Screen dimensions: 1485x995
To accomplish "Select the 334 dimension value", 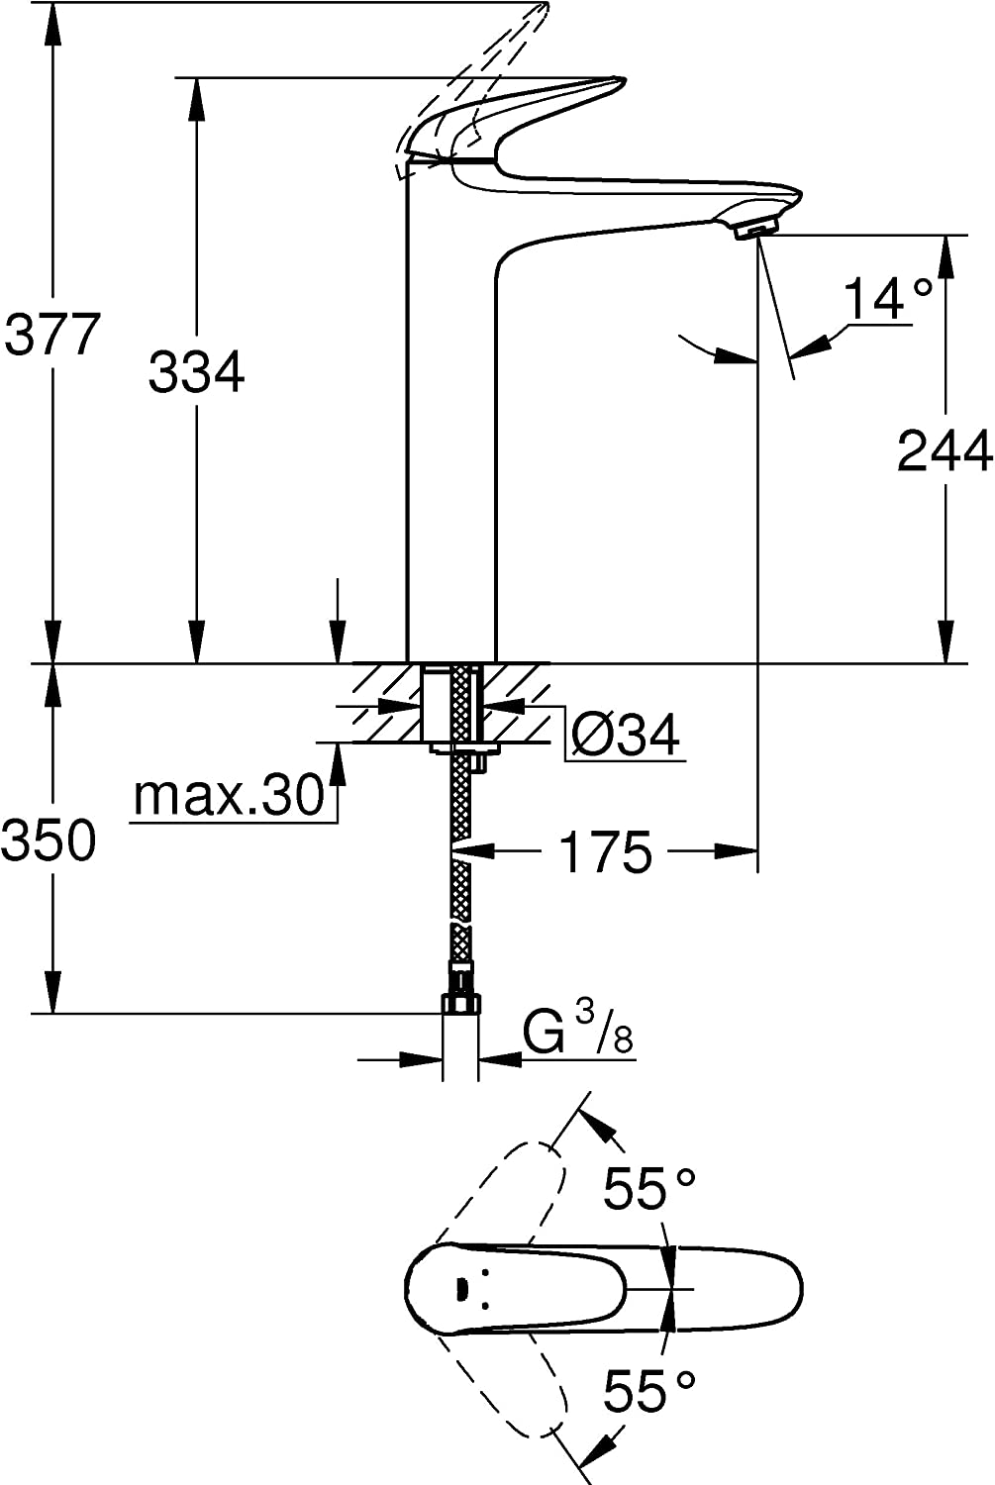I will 196,373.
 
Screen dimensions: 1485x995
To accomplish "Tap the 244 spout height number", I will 944,451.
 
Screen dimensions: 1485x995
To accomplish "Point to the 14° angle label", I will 887,298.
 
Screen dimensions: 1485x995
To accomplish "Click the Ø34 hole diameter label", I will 626,735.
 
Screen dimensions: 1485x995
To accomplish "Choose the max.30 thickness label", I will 230,795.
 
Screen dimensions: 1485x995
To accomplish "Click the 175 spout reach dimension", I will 606,851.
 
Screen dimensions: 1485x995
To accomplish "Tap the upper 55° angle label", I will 649,1189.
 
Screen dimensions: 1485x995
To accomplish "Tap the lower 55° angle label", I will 649,1392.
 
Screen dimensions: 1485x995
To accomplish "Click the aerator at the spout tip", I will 756,231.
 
